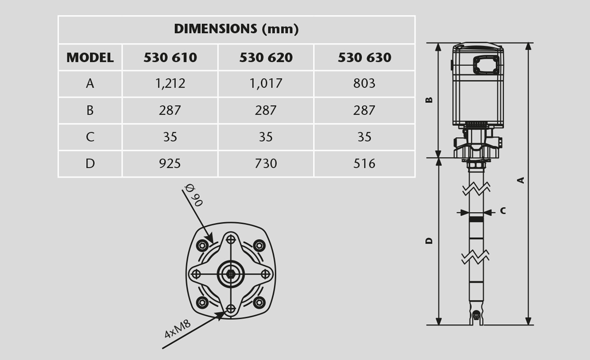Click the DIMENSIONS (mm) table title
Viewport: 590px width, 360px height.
[x=236, y=29]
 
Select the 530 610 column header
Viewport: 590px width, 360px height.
[x=170, y=58]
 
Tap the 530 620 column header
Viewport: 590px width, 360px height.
[x=266, y=58]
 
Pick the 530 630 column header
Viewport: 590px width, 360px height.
[x=364, y=58]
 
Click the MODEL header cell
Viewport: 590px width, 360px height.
[x=90, y=58]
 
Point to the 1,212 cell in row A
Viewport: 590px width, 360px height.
[x=170, y=84]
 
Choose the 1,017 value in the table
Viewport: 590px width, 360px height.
[x=266, y=84]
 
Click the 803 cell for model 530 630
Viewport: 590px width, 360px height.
[x=364, y=84]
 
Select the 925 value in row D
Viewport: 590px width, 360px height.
[x=170, y=164]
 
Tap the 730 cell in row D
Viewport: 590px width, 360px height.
[x=266, y=164]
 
